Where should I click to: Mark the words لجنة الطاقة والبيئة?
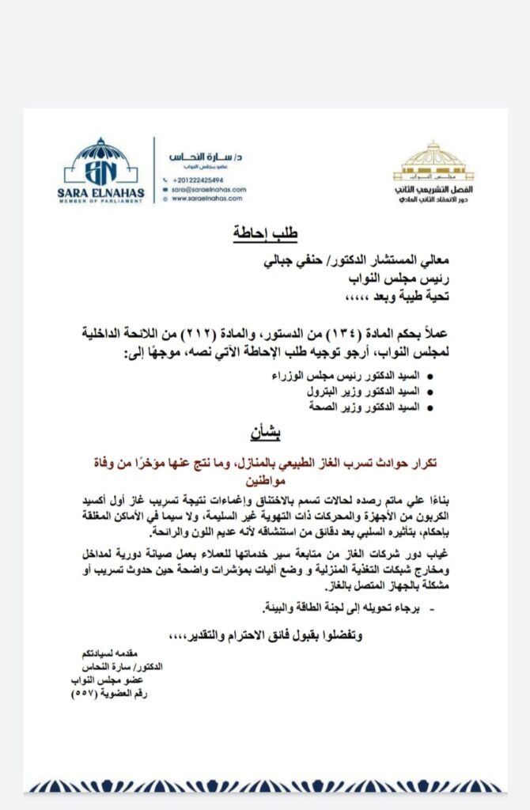click(x=308, y=607)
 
